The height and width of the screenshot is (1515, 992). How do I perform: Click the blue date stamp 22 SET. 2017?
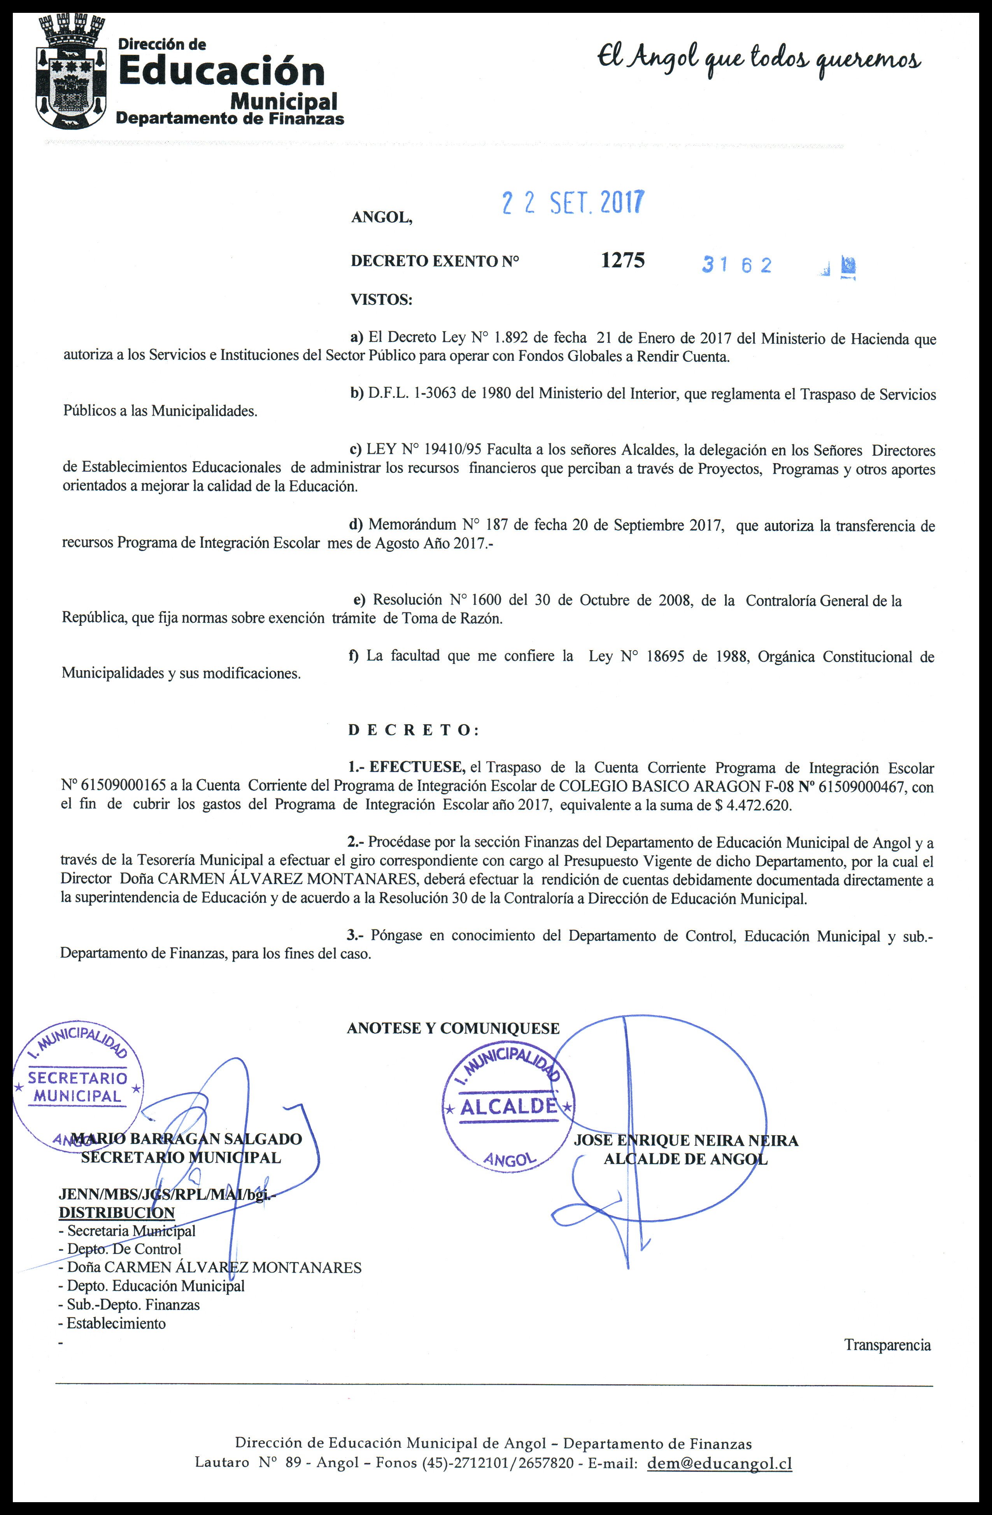[573, 203]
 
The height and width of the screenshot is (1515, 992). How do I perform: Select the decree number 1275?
[622, 260]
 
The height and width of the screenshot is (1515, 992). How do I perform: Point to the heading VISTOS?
[381, 299]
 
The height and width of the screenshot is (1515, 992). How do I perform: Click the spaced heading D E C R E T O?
[413, 730]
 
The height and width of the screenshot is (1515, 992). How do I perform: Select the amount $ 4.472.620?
[754, 805]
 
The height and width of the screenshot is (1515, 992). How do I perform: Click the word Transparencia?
[887, 1345]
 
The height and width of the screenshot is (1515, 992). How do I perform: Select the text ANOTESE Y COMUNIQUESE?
[453, 1029]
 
